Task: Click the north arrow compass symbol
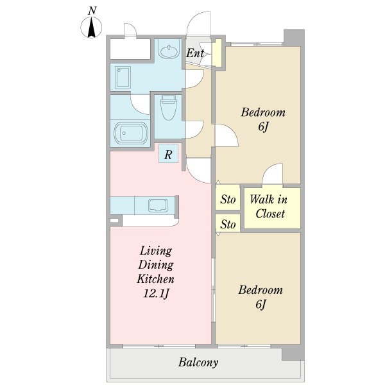pyautogui.click(x=91, y=27)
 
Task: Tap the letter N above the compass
pyautogui.click(x=92, y=10)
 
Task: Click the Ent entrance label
pyautogui.click(x=195, y=53)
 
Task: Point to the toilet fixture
pyautogui.click(x=169, y=107)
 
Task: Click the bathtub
pyautogui.click(x=131, y=133)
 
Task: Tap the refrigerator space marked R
pyautogui.click(x=168, y=153)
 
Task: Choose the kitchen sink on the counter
pyautogui.click(x=158, y=205)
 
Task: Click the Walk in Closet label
pyautogui.click(x=269, y=206)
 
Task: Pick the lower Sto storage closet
pyautogui.click(x=228, y=223)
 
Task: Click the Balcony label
pyautogui.click(x=198, y=363)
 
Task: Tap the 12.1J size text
pyautogui.click(x=157, y=293)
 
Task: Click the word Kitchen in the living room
pyautogui.click(x=156, y=279)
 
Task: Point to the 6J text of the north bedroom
pyautogui.click(x=264, y=126)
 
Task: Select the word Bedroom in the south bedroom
pyautogui.click(x=261, y=290)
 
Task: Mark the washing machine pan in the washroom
pyautogui.click(x=123, y=77)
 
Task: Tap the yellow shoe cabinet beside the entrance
pyautogui.click(x=217, y=53)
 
